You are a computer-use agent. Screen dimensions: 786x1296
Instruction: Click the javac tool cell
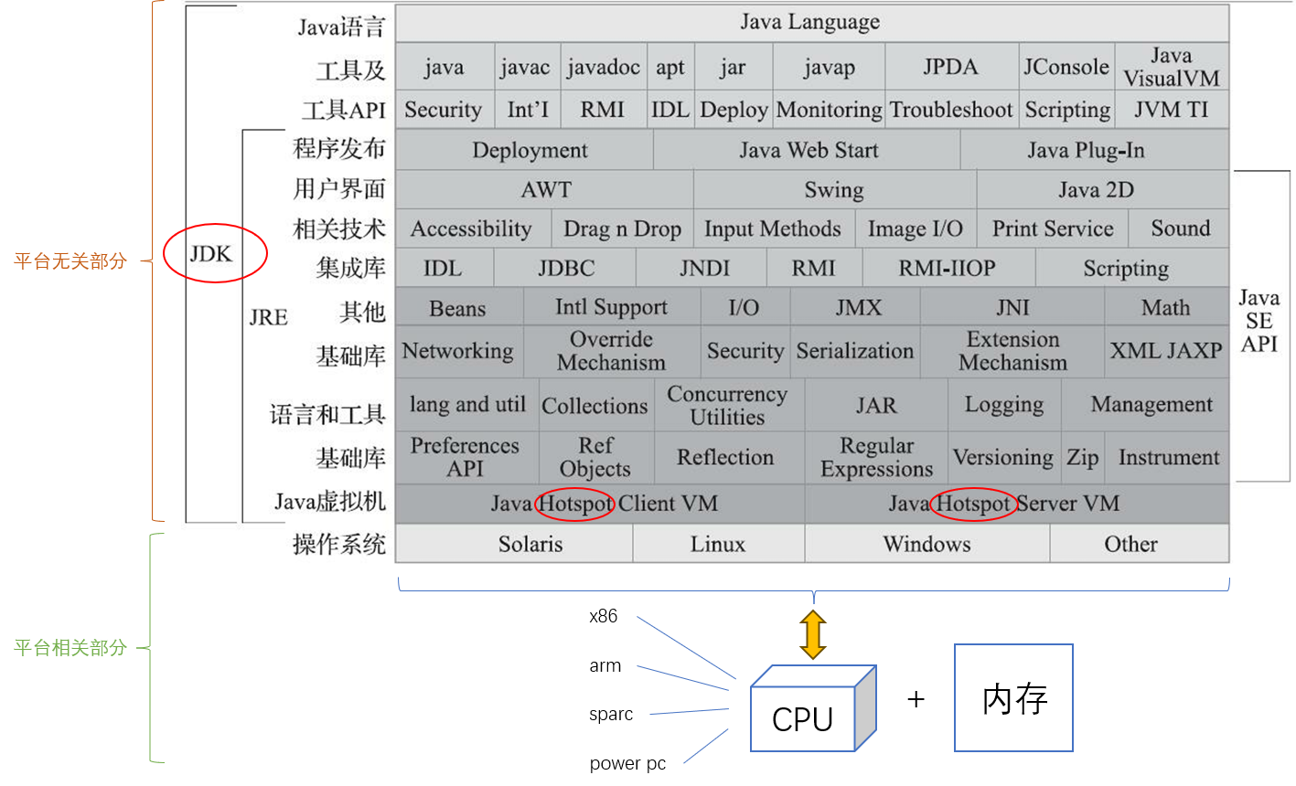[x=525, y=68]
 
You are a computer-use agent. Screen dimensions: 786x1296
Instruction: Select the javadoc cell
[x=604, y=68]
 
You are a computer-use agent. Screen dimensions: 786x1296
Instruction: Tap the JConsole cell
[x=1066, y=68]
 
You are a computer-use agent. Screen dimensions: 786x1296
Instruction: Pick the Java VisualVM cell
[x=1172, y=68]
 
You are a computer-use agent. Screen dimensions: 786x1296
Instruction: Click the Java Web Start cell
[x=808, y=150]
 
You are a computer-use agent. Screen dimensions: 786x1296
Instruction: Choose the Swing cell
[x=834, y=190]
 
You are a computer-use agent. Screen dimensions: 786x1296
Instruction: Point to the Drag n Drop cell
[x=622, y=228]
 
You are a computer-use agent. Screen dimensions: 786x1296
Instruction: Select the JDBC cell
[x=565, y=269]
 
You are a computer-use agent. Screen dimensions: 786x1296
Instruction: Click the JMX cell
[x=858, y=308]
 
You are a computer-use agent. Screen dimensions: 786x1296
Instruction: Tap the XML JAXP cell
[x=1166, y=351]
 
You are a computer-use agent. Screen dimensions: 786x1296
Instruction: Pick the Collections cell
[x=594, y=406]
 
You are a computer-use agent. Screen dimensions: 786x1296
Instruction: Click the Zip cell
[x=1083, y=457]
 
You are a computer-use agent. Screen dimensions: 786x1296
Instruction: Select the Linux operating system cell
[x=718, y=544]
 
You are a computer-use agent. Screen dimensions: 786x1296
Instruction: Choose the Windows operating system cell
[x=926, y=544]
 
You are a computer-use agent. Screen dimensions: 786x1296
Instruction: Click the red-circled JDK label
[x=212, y=254]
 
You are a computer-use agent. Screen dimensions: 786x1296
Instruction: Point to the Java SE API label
[x=1259, y=321]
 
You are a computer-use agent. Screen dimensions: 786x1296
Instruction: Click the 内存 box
[x=1013, y=698]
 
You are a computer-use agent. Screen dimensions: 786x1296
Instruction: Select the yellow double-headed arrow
[x=812, y=634]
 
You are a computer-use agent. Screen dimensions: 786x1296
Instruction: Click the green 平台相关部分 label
[x=70, y=648]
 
